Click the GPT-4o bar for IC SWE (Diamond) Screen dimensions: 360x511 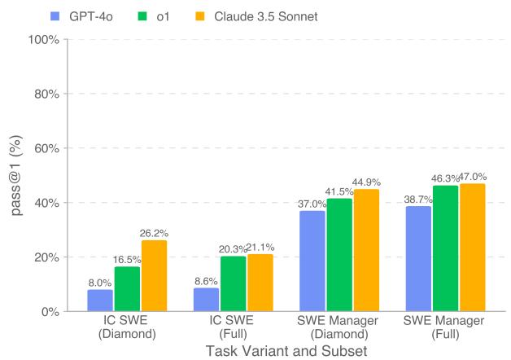tap(100, 301)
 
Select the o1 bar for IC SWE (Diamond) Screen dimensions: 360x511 tap(127, 289)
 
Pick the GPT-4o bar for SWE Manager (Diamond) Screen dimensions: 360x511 tap(312, 261)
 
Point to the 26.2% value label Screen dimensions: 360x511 tap(154, 233)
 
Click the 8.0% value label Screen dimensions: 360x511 tap(100, 283)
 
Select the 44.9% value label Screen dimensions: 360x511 tap(366, 182)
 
